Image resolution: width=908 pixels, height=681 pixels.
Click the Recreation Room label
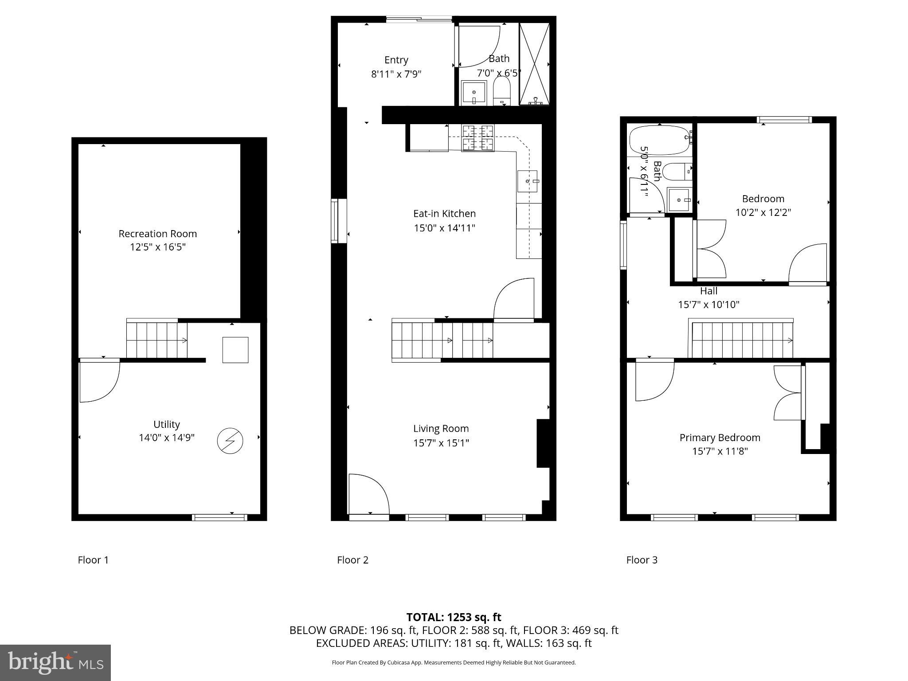click(157, 234)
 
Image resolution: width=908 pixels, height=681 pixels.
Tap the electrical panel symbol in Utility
click(230, 441)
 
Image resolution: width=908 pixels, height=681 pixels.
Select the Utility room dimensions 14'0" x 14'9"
click(167, 438)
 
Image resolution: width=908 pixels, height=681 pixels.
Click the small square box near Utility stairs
click(235, 350)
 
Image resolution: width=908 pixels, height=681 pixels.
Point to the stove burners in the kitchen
click(477, 138)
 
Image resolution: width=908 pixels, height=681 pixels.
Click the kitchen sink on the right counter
click(528, 181)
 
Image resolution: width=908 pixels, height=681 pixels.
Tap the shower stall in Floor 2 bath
click(534, 64)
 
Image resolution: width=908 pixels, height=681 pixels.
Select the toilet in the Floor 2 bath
click(501, 92)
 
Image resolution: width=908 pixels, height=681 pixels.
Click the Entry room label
click(396, 60)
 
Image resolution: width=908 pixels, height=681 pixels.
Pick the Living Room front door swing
click(368, 493)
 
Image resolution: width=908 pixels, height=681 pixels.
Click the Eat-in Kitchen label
click(444, 214)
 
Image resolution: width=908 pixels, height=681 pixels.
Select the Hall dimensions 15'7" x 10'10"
click(708, 305)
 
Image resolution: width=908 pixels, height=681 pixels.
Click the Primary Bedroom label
click(720, 438)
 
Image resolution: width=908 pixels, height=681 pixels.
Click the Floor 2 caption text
click(352, 560)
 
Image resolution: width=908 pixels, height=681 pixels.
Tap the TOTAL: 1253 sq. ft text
click(454, 617)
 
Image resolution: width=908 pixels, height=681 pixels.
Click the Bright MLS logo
click(55, 662)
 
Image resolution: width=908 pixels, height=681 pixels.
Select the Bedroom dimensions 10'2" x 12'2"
click(763, 212)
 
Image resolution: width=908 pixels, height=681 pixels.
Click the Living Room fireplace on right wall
click(543, 443)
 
